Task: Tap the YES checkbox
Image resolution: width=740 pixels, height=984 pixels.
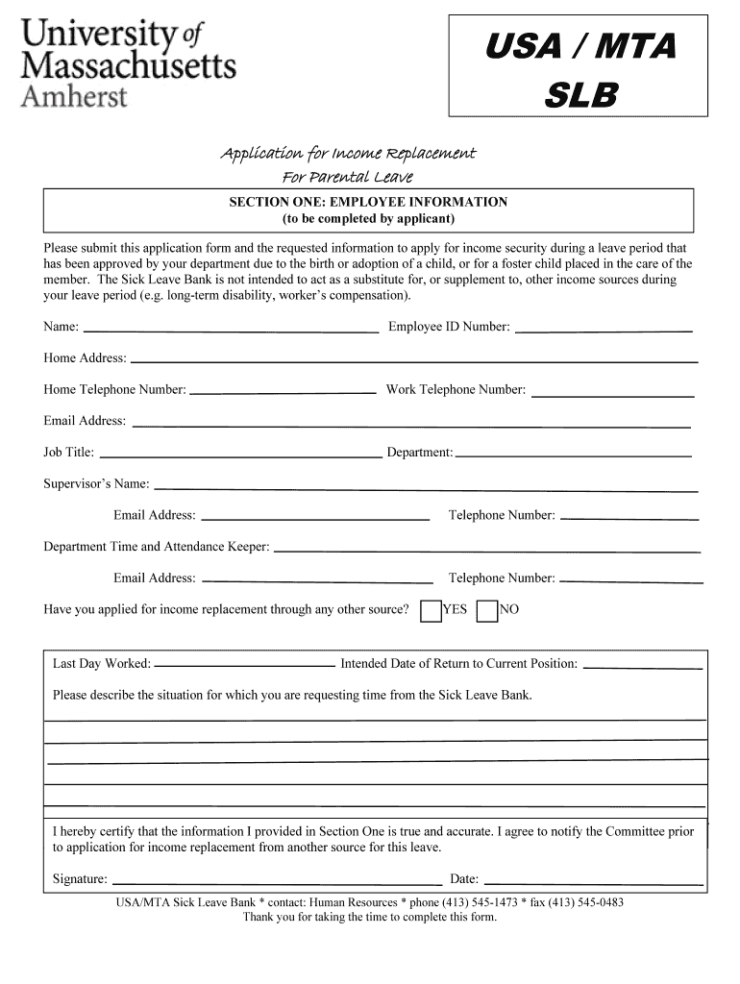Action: (432, 611)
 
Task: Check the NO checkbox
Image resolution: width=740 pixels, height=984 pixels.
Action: (487, 611)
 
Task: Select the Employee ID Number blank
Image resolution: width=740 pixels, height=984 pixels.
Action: (604, 329)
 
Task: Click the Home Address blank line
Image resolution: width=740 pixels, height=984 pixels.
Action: (413, 360)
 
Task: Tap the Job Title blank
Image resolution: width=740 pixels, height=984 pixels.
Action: (240, 455)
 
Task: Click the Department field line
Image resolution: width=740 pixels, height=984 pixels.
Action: (573, 455)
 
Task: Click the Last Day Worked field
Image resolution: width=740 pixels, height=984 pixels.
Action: (244, 666)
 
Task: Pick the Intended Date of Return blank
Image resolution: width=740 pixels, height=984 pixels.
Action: (642, 666)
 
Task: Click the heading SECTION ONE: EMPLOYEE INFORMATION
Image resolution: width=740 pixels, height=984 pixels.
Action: (367, 203)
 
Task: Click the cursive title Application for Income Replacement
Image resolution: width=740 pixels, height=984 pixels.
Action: (348, 154)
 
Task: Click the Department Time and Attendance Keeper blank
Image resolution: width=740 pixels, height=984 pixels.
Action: (486, 550)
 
